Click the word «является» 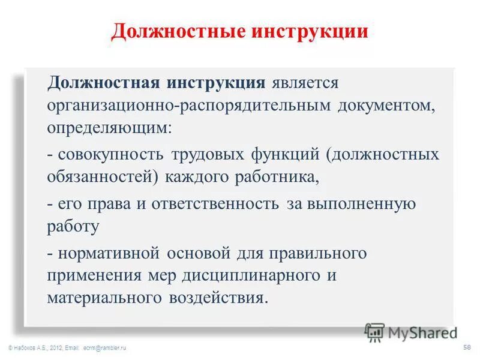305,82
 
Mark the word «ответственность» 215,203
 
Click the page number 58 467,347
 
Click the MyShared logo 412,332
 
